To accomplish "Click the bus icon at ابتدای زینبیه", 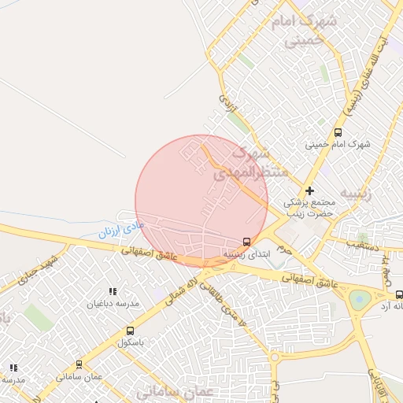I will (x=247, y=242).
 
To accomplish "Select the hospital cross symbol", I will (x=309, y=190).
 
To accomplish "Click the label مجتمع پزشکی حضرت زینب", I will (x=309, y=207).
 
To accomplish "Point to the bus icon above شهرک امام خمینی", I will (x=338, y=132).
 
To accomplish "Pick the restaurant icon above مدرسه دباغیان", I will (x=112, y=291).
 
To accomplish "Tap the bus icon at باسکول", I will (x=129, y=331).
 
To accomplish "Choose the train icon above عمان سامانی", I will (x=79, y=364).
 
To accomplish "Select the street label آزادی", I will (x=226, y=102).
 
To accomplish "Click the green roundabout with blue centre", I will (x=360, y=299).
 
